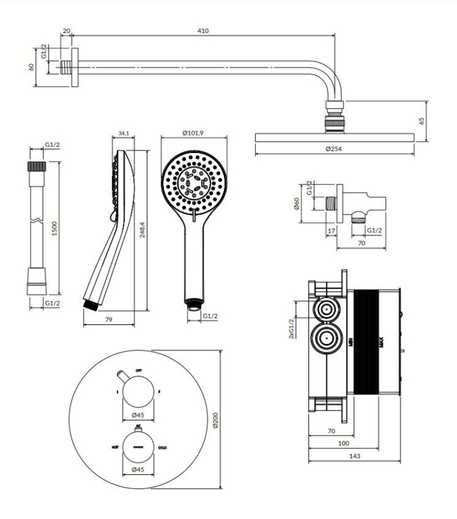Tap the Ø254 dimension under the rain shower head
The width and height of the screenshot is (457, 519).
[x=334, y=150]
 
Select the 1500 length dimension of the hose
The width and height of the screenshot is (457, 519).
[x=55, y=228]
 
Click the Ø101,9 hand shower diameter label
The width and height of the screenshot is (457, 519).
[x=193, y=133]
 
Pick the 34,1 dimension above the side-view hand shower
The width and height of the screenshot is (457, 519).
[x=123, y=134]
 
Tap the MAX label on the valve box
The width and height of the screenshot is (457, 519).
[x=380, y=341]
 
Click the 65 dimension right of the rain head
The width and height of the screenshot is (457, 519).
[x=421, y=121]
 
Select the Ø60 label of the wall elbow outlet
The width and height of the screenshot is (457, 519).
[x=296, y=204]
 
